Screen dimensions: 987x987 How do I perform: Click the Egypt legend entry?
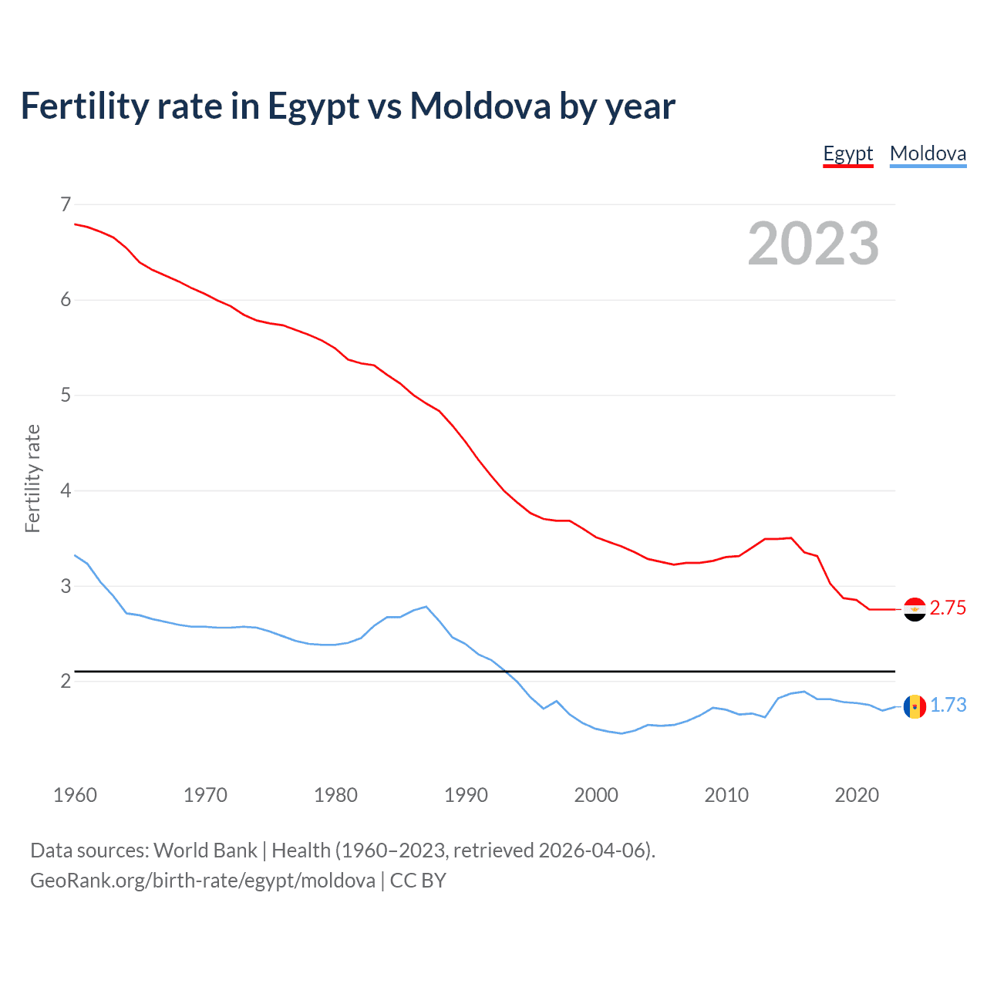click(x=847, y=153)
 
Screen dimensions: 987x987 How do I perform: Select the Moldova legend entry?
click(x=928, y=153)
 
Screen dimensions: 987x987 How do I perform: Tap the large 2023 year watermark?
click(x=813, y=244)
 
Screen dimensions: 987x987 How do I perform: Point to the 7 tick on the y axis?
click(x=66, y=204)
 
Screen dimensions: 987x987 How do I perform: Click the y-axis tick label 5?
click(x=66, y=396)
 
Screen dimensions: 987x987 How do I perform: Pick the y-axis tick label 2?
click(x=66, y=681)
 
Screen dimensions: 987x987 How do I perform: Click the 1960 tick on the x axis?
click(x=75, y=795)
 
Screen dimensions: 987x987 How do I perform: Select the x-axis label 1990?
click(x=466, y=795)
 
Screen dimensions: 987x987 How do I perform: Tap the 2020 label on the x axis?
click(x=857, y=795)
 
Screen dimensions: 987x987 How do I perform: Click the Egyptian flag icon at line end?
click(x=915, y=609)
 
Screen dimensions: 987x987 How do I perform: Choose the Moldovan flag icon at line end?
click(x=915, y=706)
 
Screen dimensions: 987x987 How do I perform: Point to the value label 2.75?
click(x=948, y=608)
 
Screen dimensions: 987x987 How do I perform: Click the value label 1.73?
click(x=948, y=706)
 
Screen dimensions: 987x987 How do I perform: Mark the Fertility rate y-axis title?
click(x=32, y=478)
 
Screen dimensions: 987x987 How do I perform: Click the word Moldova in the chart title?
click(x=480, y=106)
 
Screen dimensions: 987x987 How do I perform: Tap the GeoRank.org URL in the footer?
click(x=202, y=881)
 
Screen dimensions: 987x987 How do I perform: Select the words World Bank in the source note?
click(x=205, y=851)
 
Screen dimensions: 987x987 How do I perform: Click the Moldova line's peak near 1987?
click(x=426, y=607)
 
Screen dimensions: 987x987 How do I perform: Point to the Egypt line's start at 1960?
click(x=76, y=224)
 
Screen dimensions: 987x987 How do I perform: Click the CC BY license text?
click(x=418, y=881)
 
